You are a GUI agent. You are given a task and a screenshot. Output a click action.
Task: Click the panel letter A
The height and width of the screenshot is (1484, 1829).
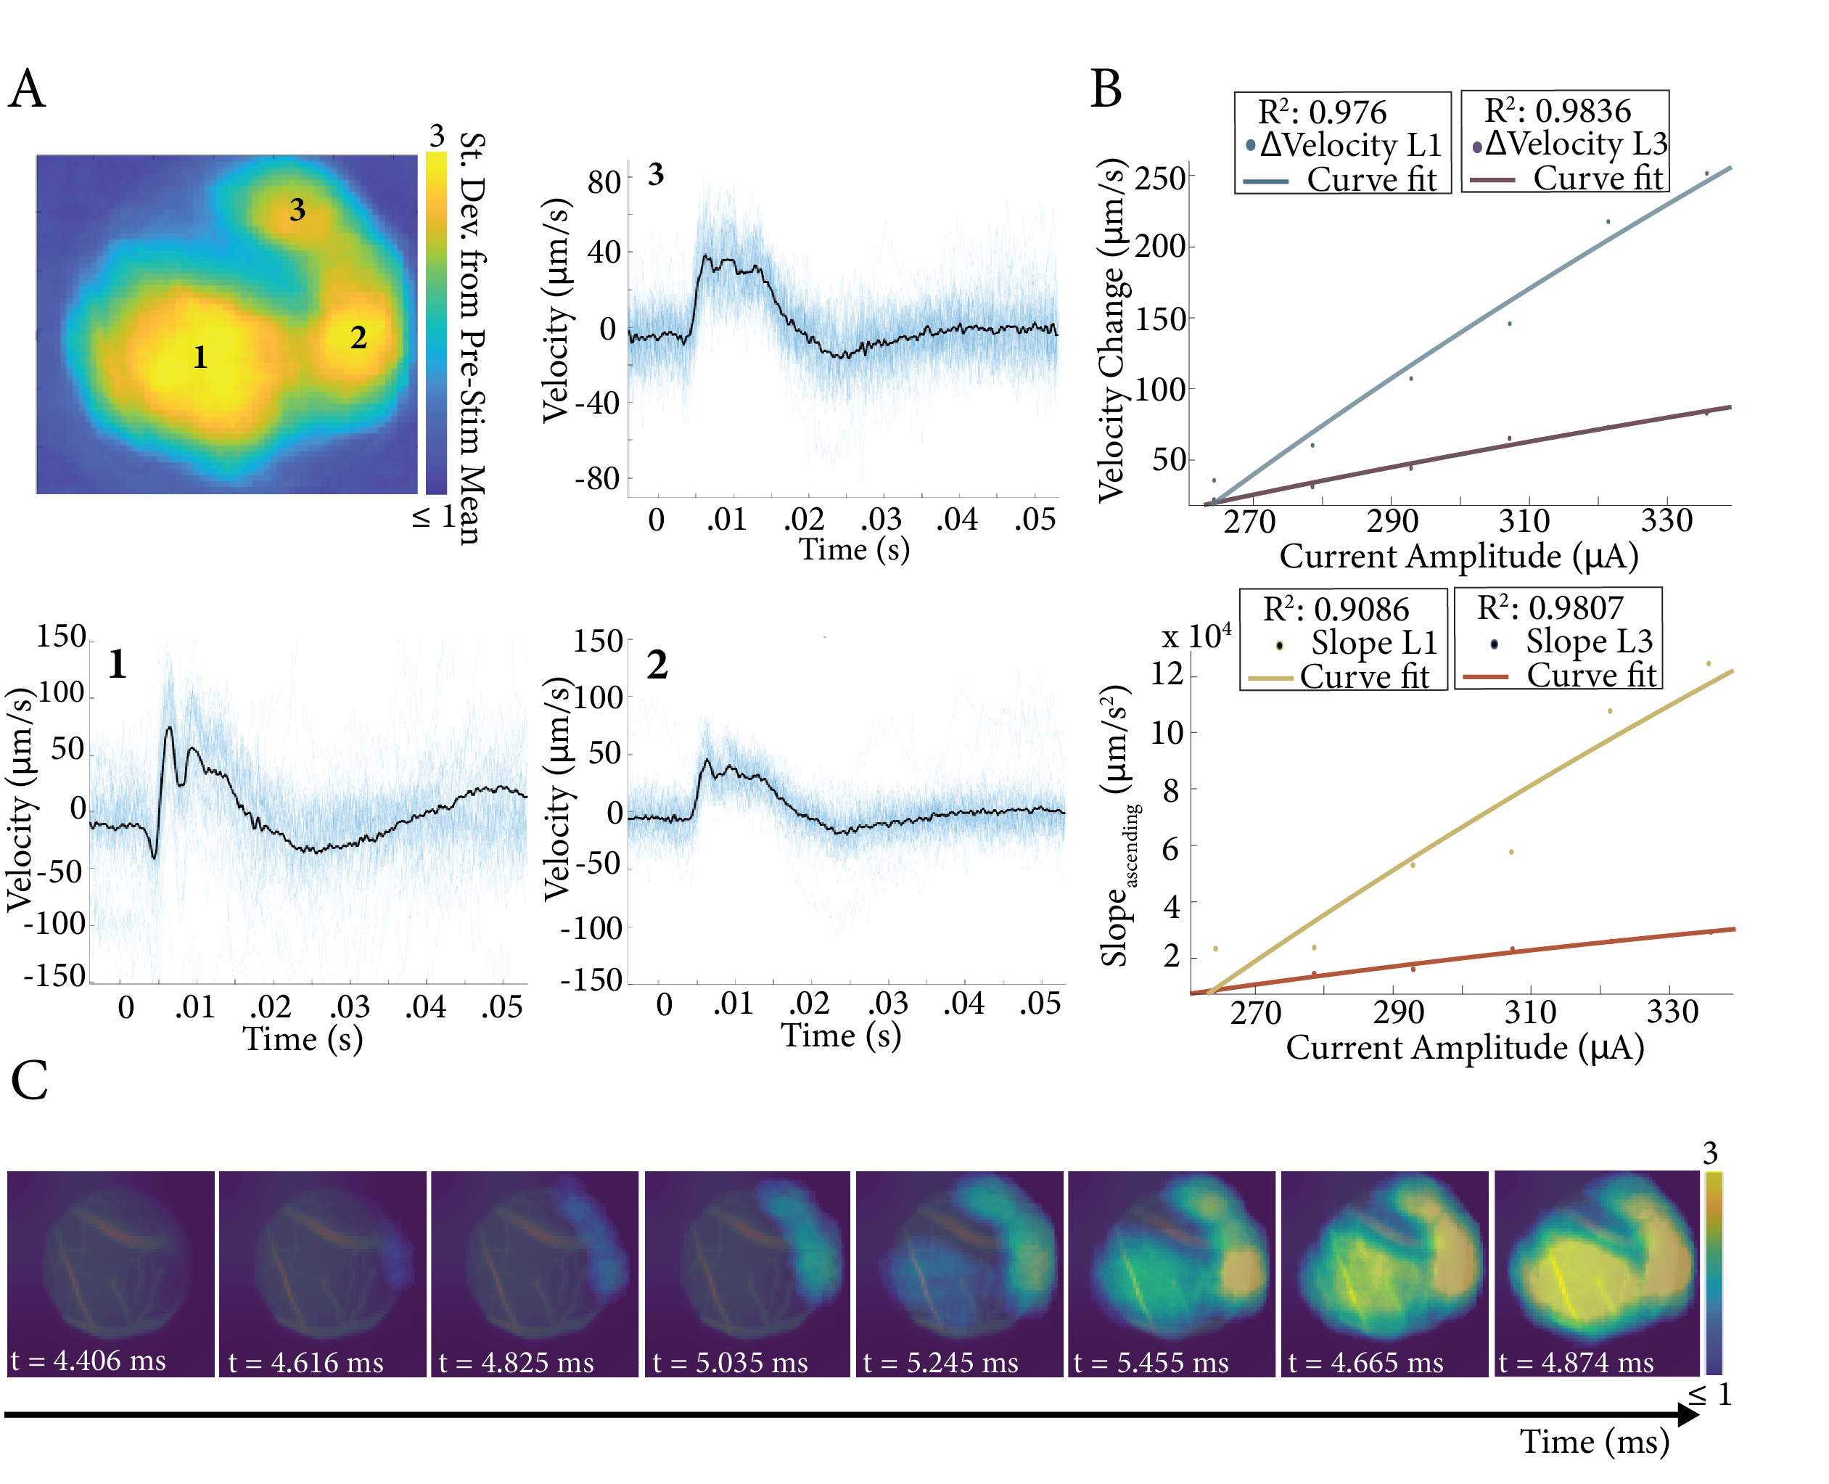27,89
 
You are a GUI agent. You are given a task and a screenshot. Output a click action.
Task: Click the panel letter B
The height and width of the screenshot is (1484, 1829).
1106,89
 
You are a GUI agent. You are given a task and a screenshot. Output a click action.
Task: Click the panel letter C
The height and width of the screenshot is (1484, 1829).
29,1081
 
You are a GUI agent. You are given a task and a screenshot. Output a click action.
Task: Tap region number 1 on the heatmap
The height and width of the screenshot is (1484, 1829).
200,356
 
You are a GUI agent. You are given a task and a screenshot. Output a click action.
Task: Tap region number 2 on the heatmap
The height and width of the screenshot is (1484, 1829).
358,337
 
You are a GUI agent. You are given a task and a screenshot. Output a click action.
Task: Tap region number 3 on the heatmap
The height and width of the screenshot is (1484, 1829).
297,210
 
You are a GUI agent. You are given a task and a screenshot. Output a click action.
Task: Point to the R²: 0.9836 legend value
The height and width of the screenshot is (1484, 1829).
1557,110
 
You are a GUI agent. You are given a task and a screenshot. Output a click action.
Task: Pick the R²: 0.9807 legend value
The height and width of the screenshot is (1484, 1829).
1550,608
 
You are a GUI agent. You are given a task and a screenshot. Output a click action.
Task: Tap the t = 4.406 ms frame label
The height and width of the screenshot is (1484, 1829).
89,1360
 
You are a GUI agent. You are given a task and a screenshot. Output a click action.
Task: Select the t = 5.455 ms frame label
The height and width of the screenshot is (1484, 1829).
1151,1363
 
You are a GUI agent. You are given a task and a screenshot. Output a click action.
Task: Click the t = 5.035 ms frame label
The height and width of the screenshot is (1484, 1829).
730,1363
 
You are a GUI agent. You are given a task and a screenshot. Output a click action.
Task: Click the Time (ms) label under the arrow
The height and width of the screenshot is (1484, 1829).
1594,1442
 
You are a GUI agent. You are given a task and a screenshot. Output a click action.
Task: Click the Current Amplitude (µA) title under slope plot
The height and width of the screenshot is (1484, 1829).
1465,1047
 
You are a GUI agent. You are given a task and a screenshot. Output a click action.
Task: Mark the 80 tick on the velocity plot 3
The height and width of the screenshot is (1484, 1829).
604,182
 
